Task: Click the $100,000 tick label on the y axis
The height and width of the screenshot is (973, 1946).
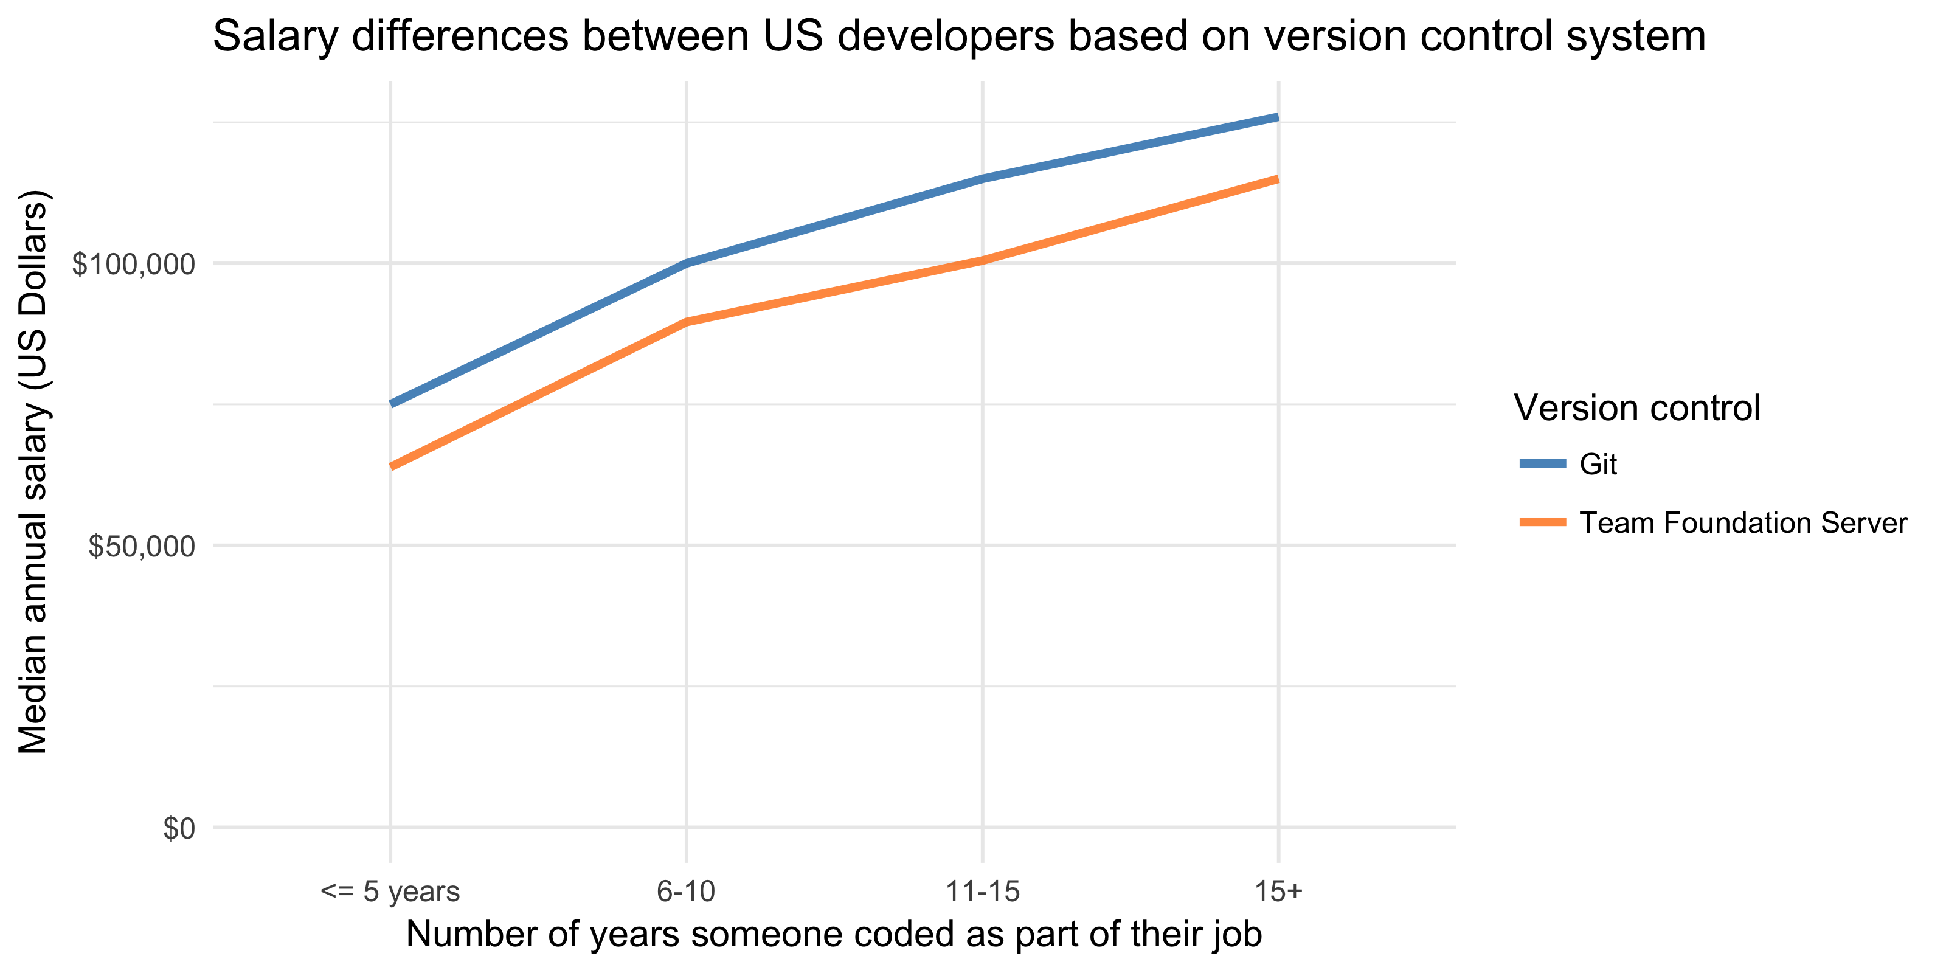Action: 133,265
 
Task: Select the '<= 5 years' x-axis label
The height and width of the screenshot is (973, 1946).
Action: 390,892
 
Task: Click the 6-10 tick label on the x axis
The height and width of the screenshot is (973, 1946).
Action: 685,892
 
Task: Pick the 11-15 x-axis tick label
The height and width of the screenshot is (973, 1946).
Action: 982,892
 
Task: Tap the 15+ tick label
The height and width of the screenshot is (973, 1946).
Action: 1278,892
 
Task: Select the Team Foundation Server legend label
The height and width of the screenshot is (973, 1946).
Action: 1743,523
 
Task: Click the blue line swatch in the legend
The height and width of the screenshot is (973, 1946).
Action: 1543,463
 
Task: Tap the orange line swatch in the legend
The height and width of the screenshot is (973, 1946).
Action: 1543,522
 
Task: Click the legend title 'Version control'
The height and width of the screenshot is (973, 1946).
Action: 1636,408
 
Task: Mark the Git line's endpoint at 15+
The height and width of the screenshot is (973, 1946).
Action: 1276,118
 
